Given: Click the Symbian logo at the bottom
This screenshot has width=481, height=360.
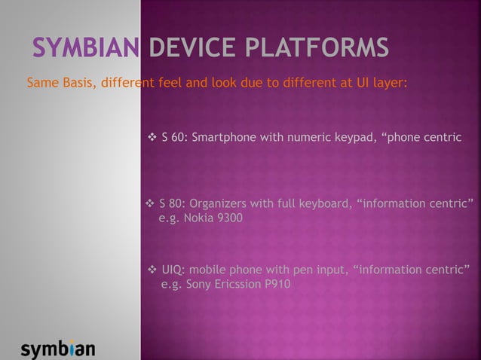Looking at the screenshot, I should point(58,349).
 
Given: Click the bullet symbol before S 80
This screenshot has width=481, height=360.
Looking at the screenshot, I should point(149,204).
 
